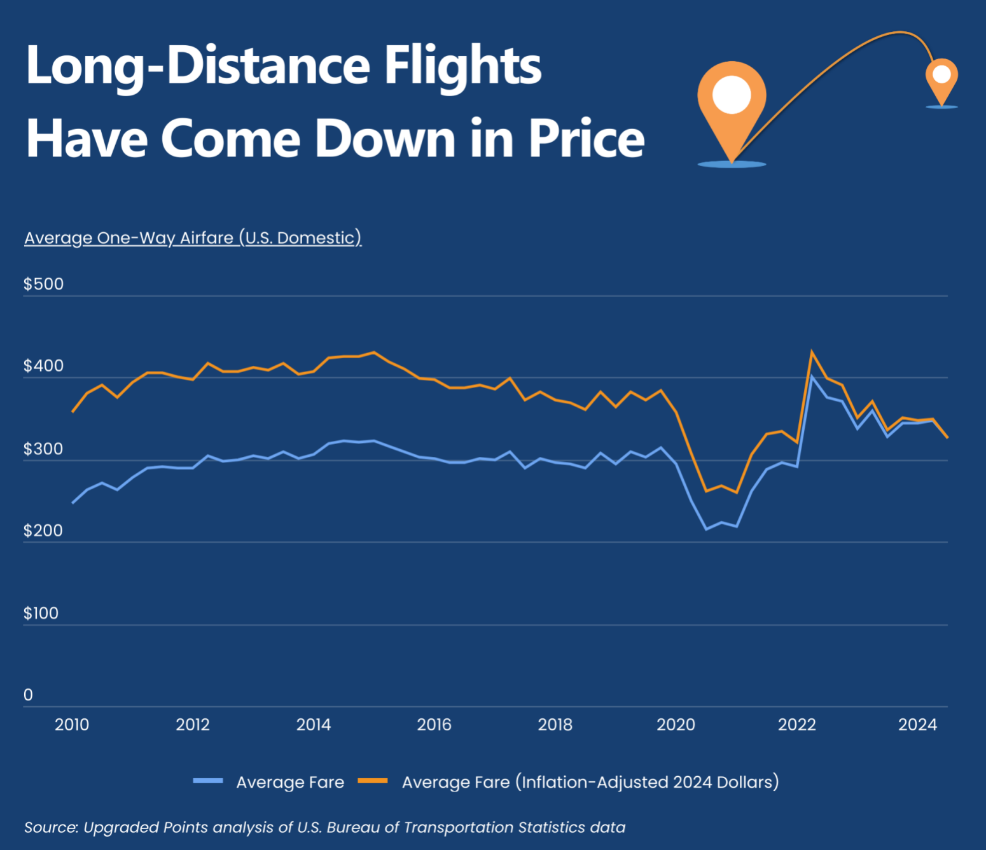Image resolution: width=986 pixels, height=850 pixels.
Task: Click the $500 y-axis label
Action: [x=43, y=284]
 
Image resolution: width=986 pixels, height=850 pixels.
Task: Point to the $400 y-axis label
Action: [x=43, y=366]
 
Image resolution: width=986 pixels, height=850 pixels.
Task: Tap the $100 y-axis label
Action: [x=41, y=613]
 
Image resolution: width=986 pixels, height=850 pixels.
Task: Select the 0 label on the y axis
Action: [x=28, y=695]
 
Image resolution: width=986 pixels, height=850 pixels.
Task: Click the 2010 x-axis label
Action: [x=72, y=725]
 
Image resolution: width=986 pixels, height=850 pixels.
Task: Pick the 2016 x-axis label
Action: [x=434, y=725]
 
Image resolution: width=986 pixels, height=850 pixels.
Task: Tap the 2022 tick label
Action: [x=796, y=725]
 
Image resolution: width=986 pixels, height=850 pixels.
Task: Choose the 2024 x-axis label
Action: [x=917, y=725]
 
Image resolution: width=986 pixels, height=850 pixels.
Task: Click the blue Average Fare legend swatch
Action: [x=208, y=781]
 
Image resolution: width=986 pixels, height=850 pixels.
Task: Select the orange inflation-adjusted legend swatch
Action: [x=373, y=781]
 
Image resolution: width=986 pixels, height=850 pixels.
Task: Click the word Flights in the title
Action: [x=463, y=66]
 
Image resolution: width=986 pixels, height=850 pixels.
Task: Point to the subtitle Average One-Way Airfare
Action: [x=193, y=238]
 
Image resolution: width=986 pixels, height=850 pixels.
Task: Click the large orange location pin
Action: [x=732, y=102]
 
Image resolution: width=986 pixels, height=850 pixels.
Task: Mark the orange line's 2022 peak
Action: [x=812, y=351]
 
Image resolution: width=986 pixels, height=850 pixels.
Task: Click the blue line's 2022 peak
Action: [x=812, y=377]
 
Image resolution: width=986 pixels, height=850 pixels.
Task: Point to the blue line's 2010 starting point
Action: [x=73, y=503]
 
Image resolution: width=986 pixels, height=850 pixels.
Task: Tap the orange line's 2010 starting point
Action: [x=73, y=412]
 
